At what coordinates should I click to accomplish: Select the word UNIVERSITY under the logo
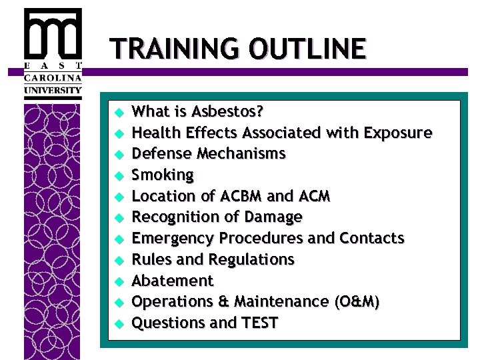53,89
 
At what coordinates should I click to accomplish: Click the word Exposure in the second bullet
397,133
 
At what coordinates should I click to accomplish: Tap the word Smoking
163,175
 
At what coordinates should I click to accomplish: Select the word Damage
274,217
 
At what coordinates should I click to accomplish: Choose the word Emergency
173,239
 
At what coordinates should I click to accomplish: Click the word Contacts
371,238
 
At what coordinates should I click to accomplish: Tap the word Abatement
172,281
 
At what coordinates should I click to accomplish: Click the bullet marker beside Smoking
118,176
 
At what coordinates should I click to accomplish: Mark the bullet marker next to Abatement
118,281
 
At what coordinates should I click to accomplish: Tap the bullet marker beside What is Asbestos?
118,112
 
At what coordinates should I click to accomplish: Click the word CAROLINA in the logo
53,77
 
